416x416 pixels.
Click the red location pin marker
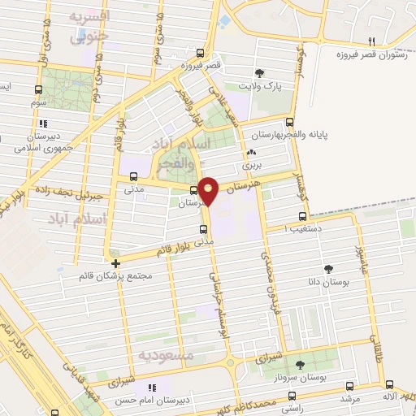(x=210, y=190)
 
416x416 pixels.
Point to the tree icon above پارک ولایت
(x=260, y=72)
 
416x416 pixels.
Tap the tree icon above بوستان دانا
(x=328, y=268)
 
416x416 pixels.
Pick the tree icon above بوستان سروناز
(x=301, y=365)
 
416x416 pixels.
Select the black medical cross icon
(x=116, y=263)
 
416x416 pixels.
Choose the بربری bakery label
(x=250, y=165)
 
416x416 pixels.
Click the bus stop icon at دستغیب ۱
(x=302, y=217)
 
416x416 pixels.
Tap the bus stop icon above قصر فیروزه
(x=184, y=54)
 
